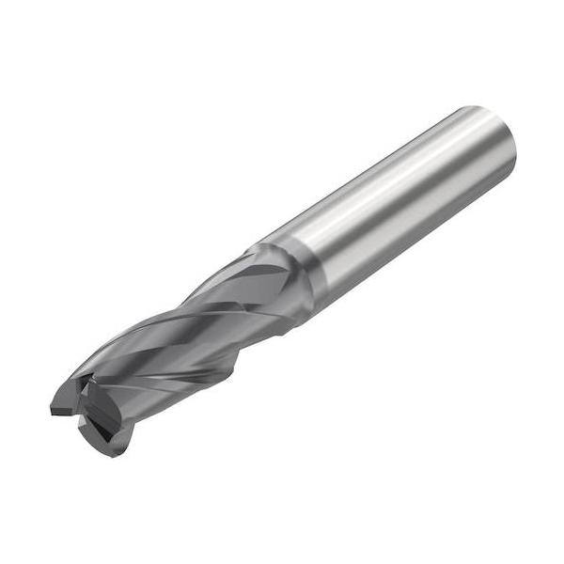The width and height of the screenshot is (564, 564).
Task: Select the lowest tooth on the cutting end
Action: [x=111, y=446]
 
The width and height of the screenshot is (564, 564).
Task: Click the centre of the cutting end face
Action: [x=89, y=404]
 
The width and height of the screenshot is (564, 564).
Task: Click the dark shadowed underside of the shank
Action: [x=414, y=244]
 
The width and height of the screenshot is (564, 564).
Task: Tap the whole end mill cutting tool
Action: [x=282, y=282]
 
